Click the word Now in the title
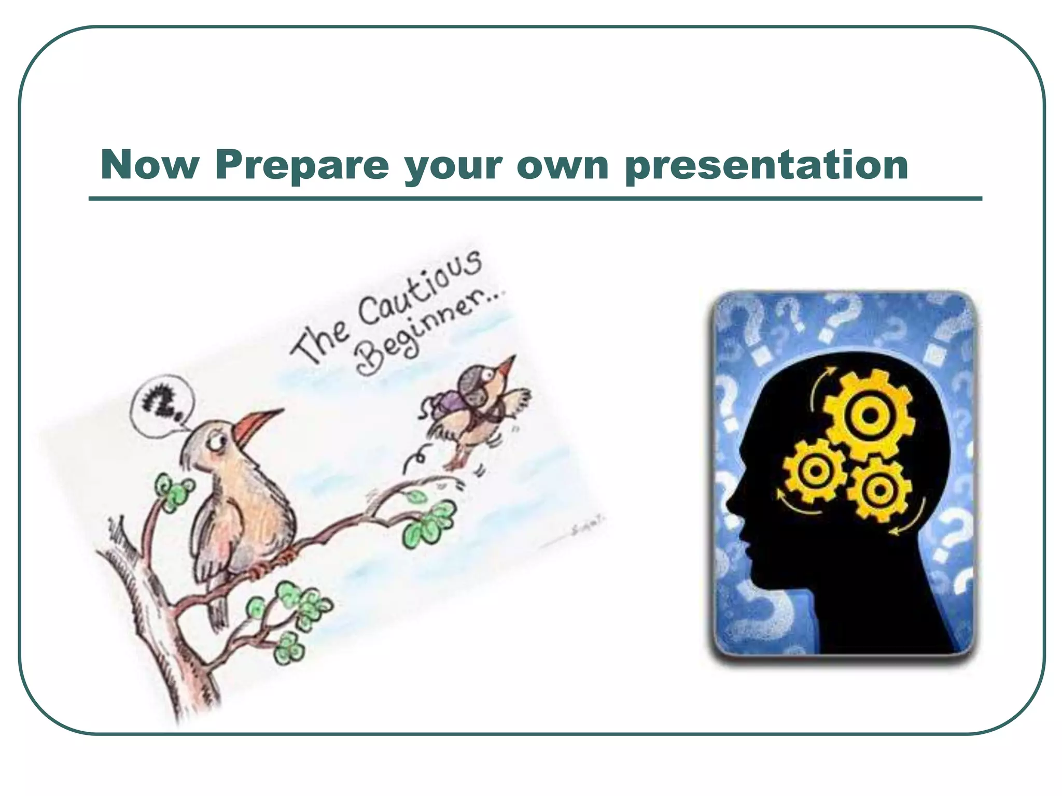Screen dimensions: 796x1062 tap(149, 165)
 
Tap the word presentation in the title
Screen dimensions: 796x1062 tap(766, 166)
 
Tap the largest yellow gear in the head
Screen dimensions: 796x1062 tap(870, 415)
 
